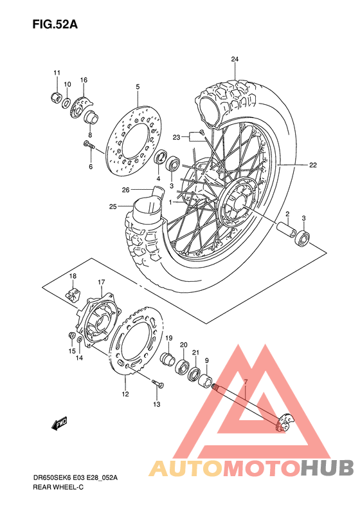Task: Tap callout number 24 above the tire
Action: [x=235, y=60]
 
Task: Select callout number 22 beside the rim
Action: [x=312, y=165]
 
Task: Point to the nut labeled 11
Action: [x=56, y=97]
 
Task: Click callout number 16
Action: [x=84, y=80]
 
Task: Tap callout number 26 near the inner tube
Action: [x=126, y=189]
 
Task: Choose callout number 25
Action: [x=113, y=207]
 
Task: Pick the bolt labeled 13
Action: [x=156, y=385]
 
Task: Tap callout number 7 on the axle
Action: [x=244, y=382]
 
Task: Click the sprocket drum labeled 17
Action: [x=97, y=319]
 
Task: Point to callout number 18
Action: [x=73, y=276]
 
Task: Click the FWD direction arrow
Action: [x=60, y=423]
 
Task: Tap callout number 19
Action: [x=169, y=338]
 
